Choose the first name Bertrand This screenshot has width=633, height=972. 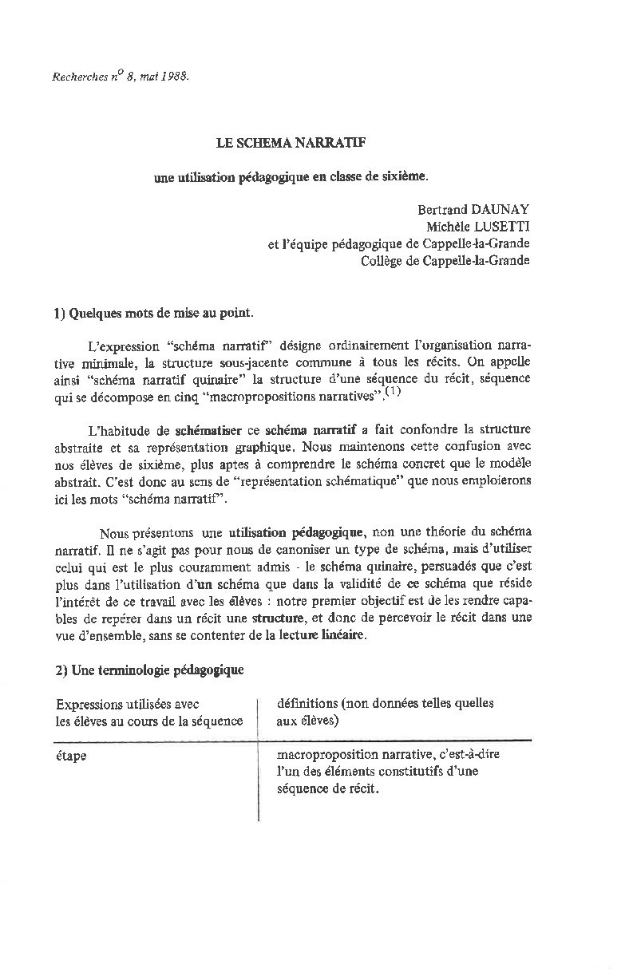442,211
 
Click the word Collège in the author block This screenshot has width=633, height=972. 382,261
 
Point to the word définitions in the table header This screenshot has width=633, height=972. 306,703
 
